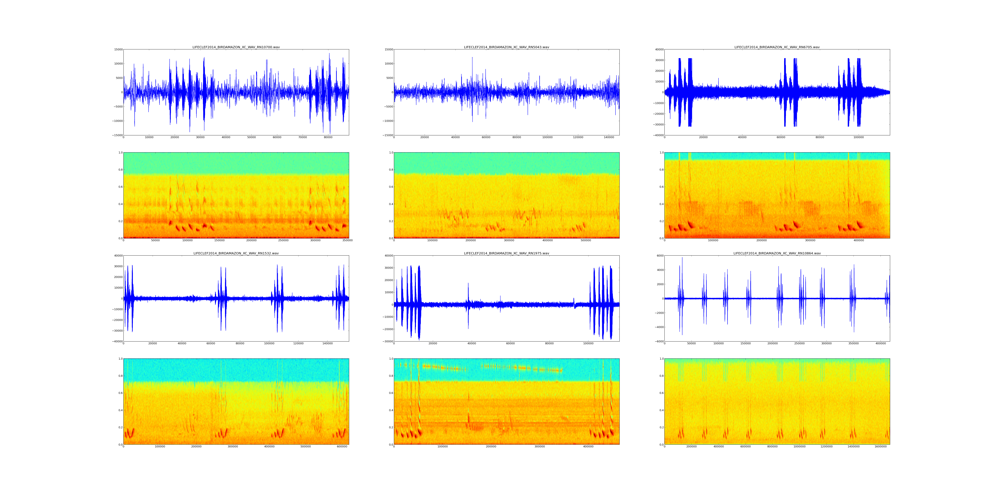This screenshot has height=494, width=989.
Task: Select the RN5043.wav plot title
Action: (x=506, y=47)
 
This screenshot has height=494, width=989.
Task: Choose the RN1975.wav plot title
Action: (x=506, y=253)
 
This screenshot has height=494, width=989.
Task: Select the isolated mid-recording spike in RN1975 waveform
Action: (x=468, y=284)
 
